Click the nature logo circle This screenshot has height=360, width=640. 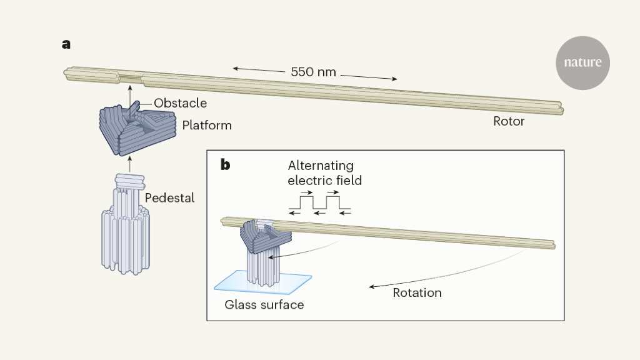click(x=582, y=62)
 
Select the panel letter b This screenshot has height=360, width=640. click(x=225, y=165)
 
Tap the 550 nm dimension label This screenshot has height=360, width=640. click(x=314, y=72)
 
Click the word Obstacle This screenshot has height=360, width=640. click(x=180, y=103)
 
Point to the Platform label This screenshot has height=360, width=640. click(x=207, y=126)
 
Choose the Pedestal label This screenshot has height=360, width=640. click(x=169, y=198)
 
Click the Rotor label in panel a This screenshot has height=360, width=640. click(x=509, y=121)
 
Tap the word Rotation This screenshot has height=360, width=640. click(x=417, y=292)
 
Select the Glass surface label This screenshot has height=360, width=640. click(x=264, y=305)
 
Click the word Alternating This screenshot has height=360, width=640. click(x=321, y=166)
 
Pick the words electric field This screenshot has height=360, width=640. click(x=325, y=181)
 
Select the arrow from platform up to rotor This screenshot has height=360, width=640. click(x=129, y=97)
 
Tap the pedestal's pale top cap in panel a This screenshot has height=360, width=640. click(x=129, y=181)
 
